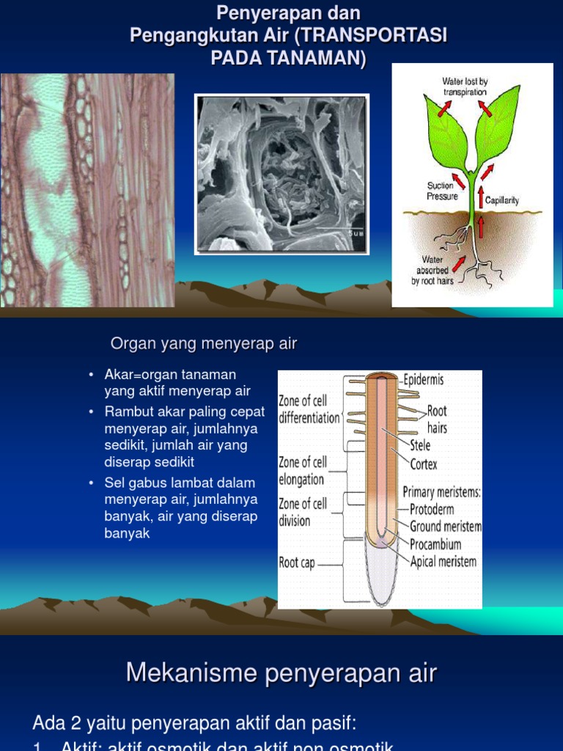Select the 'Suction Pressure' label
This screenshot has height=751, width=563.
(442, 191)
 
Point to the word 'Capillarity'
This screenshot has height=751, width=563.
(502, 200)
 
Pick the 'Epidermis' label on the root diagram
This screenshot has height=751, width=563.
(423, 380)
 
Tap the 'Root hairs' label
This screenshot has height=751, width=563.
(437, 419)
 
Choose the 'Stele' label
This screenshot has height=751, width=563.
(420, 445)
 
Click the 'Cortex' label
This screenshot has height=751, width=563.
(424, 464)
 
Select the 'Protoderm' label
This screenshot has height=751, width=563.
(432, 509)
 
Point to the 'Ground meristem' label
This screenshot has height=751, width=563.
(446, 527)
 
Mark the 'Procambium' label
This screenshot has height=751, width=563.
(435, 544)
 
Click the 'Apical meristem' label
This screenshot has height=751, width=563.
(443, 562)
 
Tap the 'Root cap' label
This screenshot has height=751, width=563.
(297, 563)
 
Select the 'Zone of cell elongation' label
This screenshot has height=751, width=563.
(303, 471)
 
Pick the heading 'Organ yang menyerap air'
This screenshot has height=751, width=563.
(204, 344)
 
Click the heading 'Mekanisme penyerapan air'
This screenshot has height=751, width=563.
(281, 673)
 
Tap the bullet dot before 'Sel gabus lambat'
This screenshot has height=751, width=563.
(91, 483)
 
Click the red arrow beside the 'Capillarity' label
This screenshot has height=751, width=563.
(481, 196)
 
